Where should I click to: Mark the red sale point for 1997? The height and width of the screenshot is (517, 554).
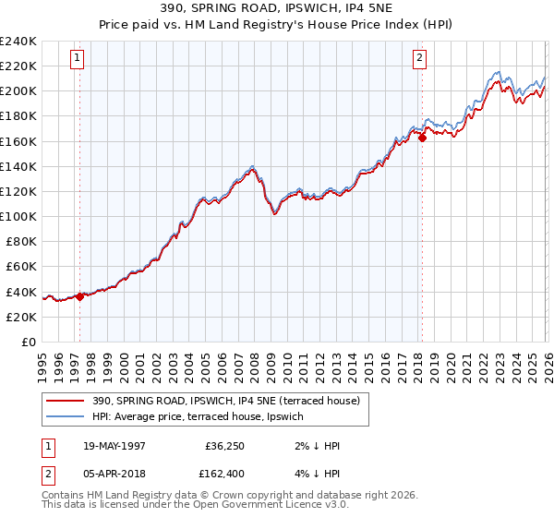80,296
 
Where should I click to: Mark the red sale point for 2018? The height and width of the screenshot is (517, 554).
422,138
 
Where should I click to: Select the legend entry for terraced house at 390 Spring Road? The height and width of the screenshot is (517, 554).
231,401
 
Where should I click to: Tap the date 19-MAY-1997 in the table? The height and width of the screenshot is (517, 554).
114,446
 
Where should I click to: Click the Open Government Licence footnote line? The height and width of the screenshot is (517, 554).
195,505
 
